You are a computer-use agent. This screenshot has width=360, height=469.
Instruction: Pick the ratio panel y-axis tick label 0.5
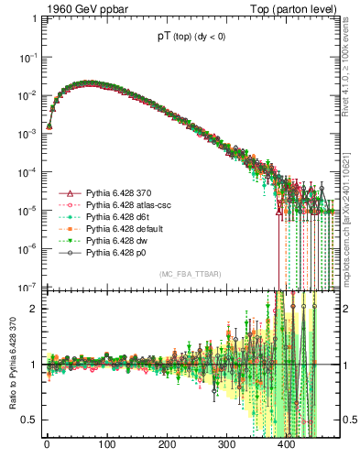[28, 420]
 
